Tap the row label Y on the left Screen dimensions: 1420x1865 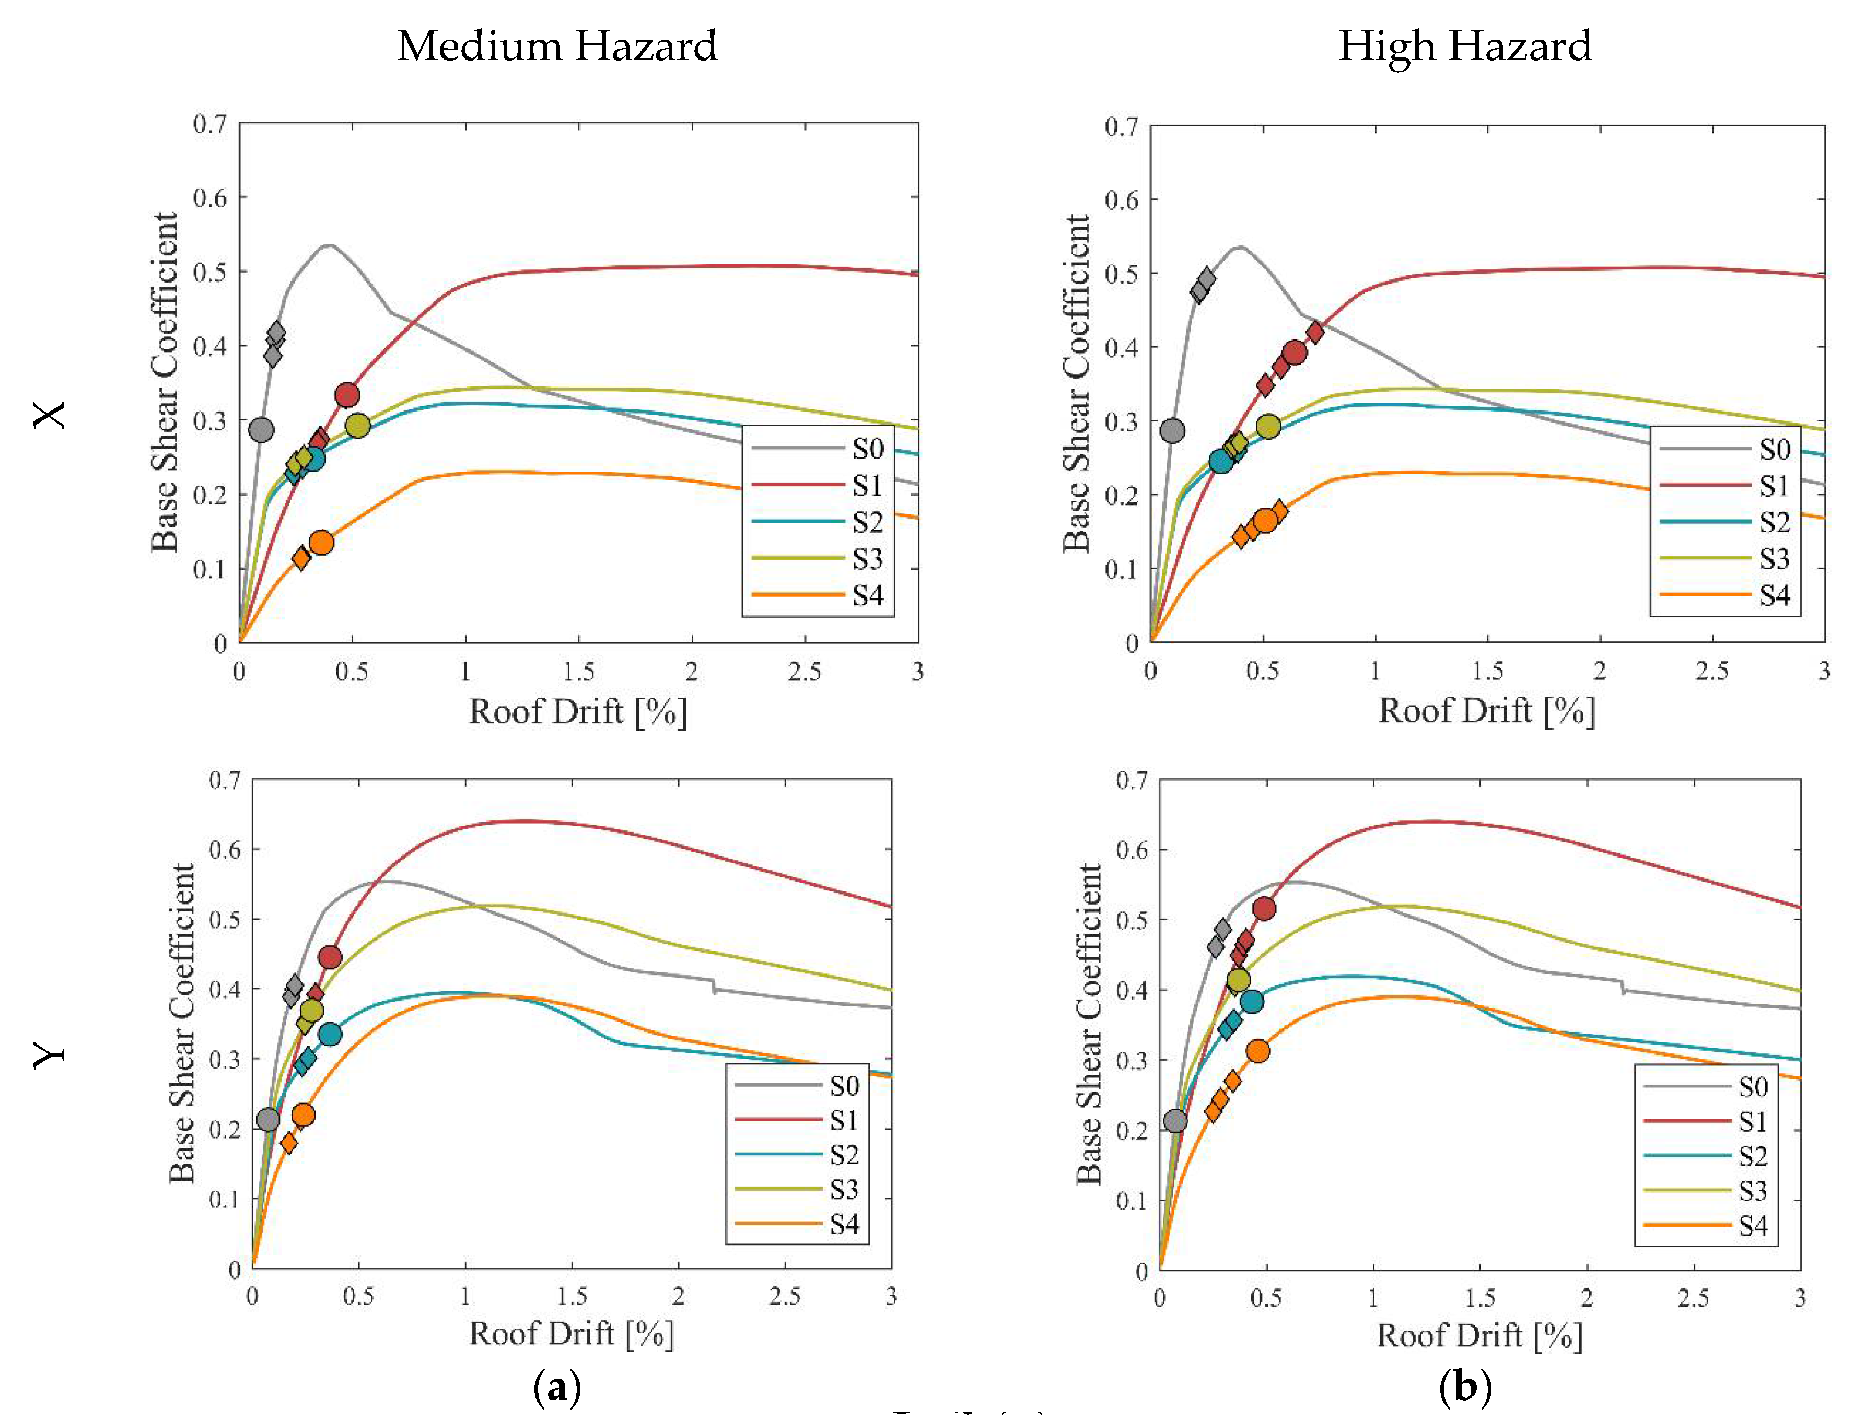(49, 1055)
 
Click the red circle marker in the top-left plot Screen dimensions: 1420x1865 (347, 395)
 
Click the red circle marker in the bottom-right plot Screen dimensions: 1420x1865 (1263, 909)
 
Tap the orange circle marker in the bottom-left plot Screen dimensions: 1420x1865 (302, 1115)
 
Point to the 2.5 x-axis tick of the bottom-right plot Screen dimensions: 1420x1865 (1693, 1297)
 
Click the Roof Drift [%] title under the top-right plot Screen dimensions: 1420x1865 (1486, 711)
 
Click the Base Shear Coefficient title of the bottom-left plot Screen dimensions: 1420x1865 (182, 1023)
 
